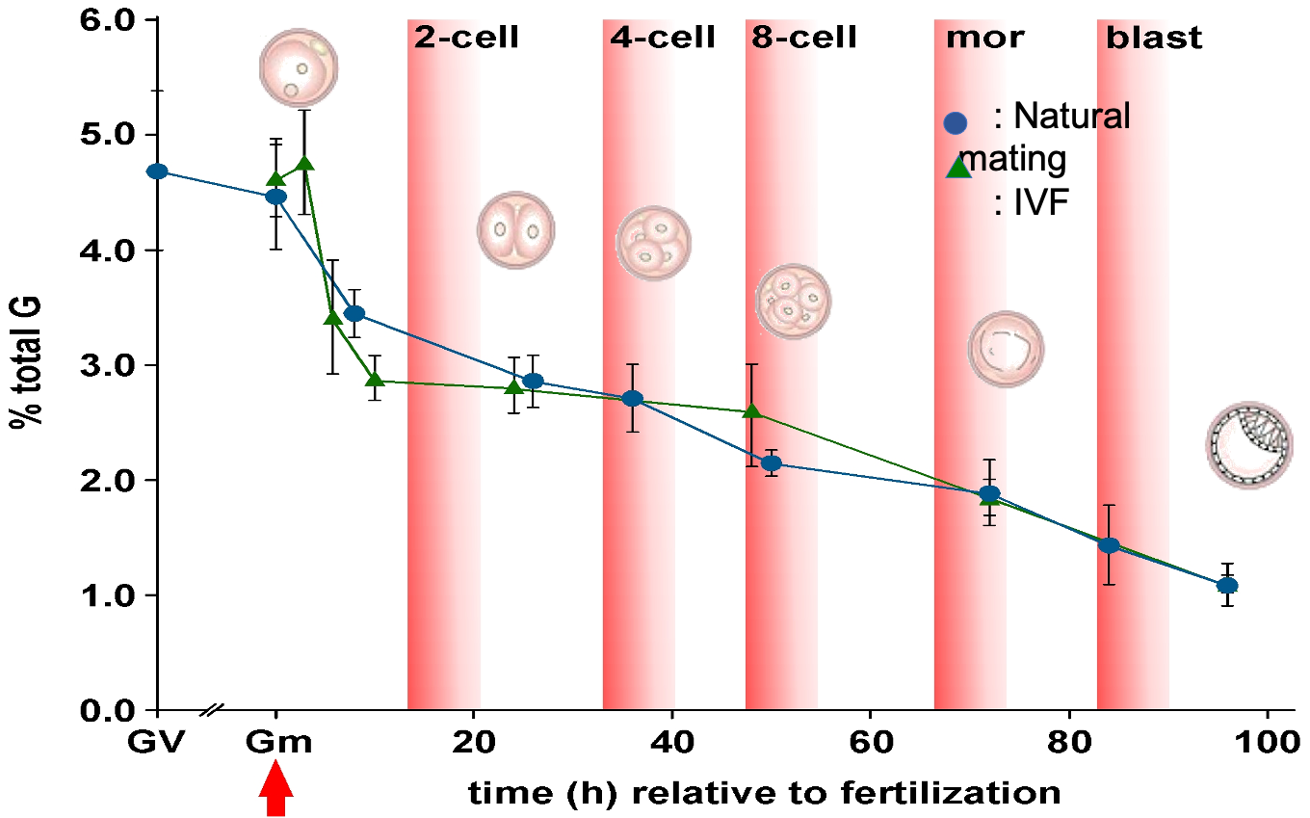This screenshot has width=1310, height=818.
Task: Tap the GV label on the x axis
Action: pyautogui.click(x=156, y=744)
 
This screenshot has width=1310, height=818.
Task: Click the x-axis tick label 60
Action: pyautogui.click(x=870, y=744)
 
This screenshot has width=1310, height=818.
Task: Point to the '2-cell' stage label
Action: pyautogui.click(x=466, y=39)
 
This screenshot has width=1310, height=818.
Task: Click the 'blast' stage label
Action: pyautogui.click(x=1154, y=39)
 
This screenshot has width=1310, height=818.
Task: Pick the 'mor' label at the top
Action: pyautogui.click(x=984, y=39)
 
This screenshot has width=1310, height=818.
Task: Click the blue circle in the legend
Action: pyautogui.click(x=955, y=122)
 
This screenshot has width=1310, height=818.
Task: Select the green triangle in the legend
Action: pyautogui.click(x=958, y=167)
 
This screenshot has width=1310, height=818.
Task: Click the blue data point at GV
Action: pyautogui.click(x=157, y=172)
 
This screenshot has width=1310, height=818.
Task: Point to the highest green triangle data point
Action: pyautogui.click(x=305, y=163)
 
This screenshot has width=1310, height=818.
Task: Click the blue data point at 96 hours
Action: pyautogui.click(x=1227, y=585)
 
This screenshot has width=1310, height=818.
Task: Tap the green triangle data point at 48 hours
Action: pyautogui.click(x=753, y=411)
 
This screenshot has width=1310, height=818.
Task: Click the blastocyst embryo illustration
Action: pyautogui.click(x=1244, y=445)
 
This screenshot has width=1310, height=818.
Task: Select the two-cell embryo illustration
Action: pyautogui.click(x=516, y=229)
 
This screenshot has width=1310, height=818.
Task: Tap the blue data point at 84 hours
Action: pyautogui.click(x=1109, y=545)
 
